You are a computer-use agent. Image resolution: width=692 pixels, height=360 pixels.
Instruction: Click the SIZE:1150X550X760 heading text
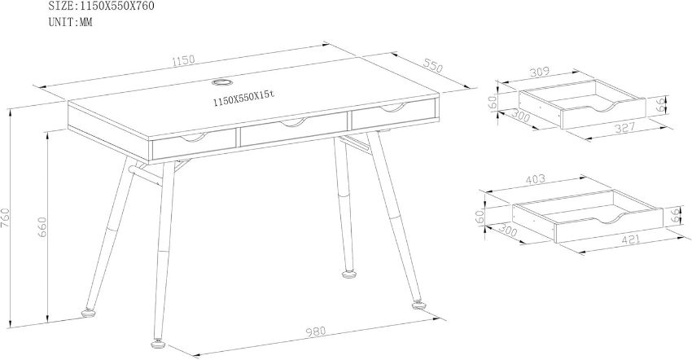102,7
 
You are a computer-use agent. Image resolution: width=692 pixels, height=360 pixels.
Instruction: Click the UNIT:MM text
71,22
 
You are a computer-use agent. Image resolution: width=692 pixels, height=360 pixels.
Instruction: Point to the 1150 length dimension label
183,60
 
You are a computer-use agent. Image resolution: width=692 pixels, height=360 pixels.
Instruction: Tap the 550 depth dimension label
433,65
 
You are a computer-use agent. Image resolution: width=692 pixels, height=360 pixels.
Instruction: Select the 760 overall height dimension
6,217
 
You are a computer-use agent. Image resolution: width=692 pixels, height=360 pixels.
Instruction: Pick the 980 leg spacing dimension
316,331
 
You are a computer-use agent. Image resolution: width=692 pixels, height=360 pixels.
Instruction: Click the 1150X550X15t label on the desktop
244,99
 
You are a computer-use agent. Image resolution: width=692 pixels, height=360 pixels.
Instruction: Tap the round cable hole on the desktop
222,82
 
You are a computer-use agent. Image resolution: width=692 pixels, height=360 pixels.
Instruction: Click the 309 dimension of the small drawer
539,72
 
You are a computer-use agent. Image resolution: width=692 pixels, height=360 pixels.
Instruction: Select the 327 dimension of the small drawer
624,129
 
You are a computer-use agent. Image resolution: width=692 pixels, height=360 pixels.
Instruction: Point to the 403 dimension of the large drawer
535,180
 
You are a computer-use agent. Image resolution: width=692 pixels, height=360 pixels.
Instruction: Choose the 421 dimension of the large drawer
630,239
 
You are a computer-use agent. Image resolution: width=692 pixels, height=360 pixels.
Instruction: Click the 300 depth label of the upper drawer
519,117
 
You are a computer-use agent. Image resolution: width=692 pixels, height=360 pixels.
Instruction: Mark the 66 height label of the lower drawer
674,215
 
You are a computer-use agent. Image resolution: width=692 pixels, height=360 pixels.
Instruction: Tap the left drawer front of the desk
193,144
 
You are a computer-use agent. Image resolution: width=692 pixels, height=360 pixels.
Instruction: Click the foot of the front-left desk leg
157,344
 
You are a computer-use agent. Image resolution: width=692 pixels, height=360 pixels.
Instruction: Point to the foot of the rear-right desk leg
350,274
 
